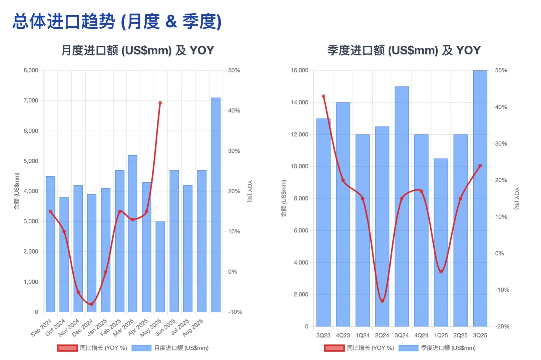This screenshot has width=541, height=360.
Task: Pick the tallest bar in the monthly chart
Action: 216,205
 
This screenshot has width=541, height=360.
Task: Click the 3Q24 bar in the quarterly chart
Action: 402,207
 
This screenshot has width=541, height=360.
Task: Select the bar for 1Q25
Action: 441,243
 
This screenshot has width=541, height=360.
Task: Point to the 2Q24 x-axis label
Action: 382,335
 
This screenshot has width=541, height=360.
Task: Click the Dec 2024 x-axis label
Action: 82,327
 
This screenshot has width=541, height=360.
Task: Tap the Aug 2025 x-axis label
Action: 193,327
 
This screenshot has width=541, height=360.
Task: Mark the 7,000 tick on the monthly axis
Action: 31,101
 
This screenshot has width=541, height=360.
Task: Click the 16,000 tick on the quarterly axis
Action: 299,70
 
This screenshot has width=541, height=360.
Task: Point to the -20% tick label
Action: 502,327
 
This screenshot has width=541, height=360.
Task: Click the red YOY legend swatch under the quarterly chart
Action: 334,348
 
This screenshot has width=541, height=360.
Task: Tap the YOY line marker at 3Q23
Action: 323,96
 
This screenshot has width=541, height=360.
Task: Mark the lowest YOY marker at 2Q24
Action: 382,301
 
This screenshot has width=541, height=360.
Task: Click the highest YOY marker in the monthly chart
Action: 160,103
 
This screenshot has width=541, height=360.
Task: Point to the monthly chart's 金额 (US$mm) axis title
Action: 17,191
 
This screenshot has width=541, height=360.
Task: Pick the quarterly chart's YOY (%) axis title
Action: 517,198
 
